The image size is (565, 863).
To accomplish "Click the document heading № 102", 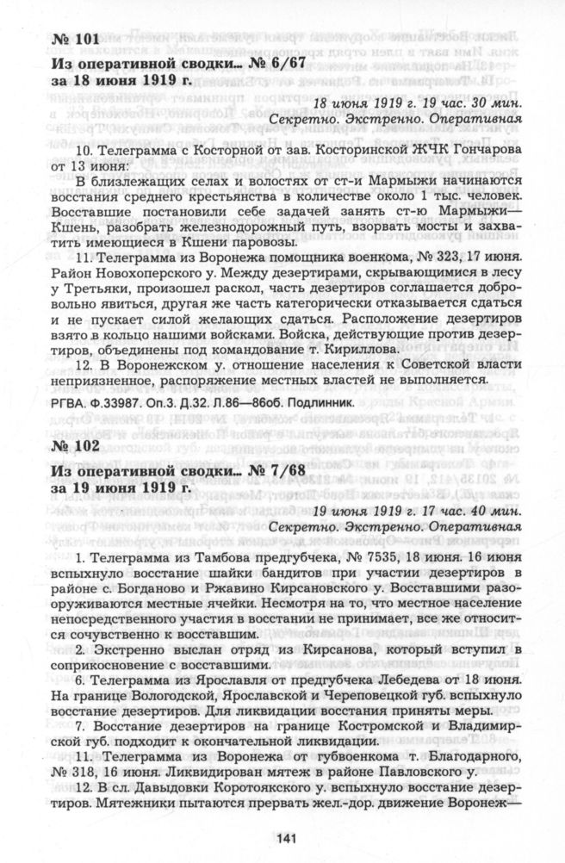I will (77, 448).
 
